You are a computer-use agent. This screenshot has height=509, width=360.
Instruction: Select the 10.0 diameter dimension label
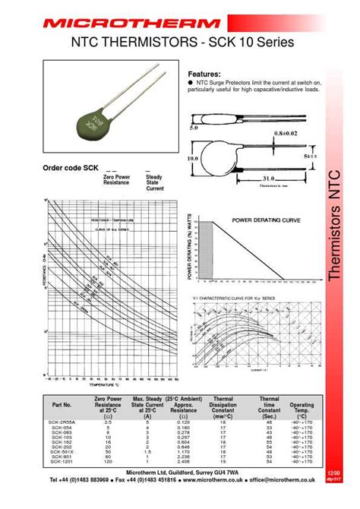(192, 158)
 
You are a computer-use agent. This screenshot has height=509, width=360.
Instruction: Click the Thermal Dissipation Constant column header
(223, 405)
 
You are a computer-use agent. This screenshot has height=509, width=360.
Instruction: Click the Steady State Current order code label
(154, 182)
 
